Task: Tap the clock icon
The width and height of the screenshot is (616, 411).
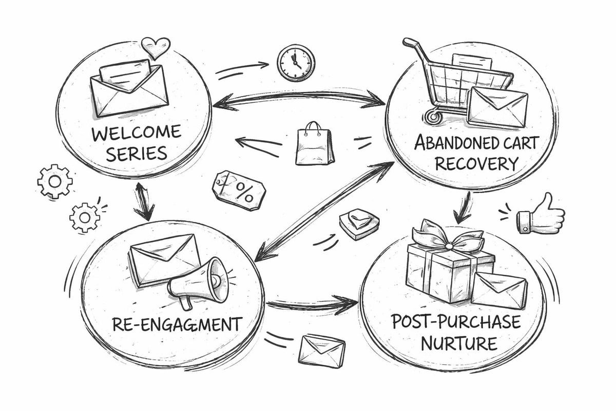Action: pyautogui.click(x=296, y=63)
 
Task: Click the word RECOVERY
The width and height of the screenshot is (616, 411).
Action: pyautogui.click(x=473, y=164)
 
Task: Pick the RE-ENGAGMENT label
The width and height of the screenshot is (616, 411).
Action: pyautogui.click(x=177, y=325)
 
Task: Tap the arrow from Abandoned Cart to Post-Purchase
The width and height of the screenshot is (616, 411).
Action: pyautogui.click(x=465, y=205)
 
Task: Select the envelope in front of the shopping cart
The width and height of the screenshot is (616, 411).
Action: pyautogui.click(x=497, y=107)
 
